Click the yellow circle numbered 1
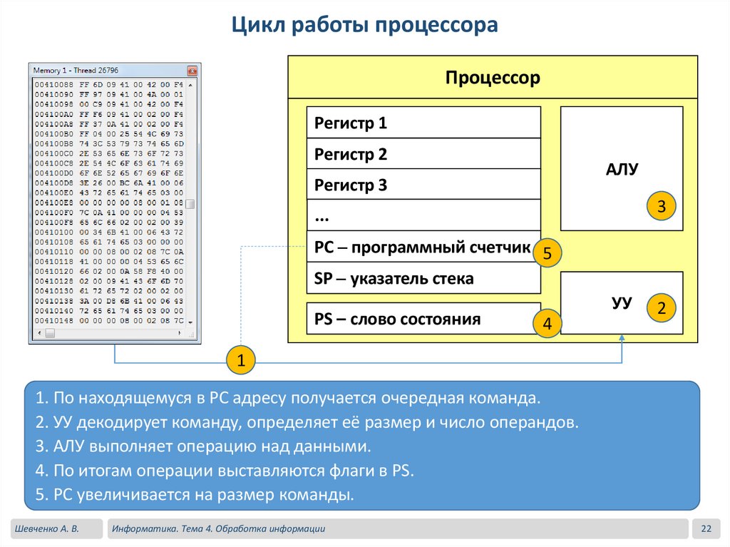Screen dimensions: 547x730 pyautogui.click(x=241, y=362)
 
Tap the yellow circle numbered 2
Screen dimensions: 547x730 pyautogui.click(x=661, y=309)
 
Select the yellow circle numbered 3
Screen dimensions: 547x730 pyautogui.click(x=661, y=208)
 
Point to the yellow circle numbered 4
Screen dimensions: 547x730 pyautogui.click(x=547, y=324)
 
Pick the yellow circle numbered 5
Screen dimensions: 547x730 pyautogui.click(x=547, y=253)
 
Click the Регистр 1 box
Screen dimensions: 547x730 pyautogui.click(x=423, y=123)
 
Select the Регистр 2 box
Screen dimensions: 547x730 pyautogui.click(x=423, y=154)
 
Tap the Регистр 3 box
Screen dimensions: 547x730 pyautogui.click(x=423, y=185)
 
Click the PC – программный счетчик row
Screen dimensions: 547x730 pyautogui.click(x=423, y=247)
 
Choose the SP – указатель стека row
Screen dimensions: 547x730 pyautogui.click(x=423, y=278)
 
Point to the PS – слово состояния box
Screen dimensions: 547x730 pyautogui.click(x=423, y=319)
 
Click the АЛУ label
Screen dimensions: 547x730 pyautogui.click(x=622, y=170)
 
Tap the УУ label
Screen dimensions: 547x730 pyautogui.click(x=622, y=303)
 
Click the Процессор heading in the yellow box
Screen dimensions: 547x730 pyautogui.click(x=493, y=78)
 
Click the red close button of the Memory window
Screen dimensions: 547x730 pyautogui.click(x=192, y=71)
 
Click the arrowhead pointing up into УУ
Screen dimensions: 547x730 pyautogui.click(x=622, y=338)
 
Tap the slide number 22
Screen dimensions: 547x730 pyautogui.click(x=706, y=528)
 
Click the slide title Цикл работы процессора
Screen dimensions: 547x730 pyautogui.click(x=364, y=26)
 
